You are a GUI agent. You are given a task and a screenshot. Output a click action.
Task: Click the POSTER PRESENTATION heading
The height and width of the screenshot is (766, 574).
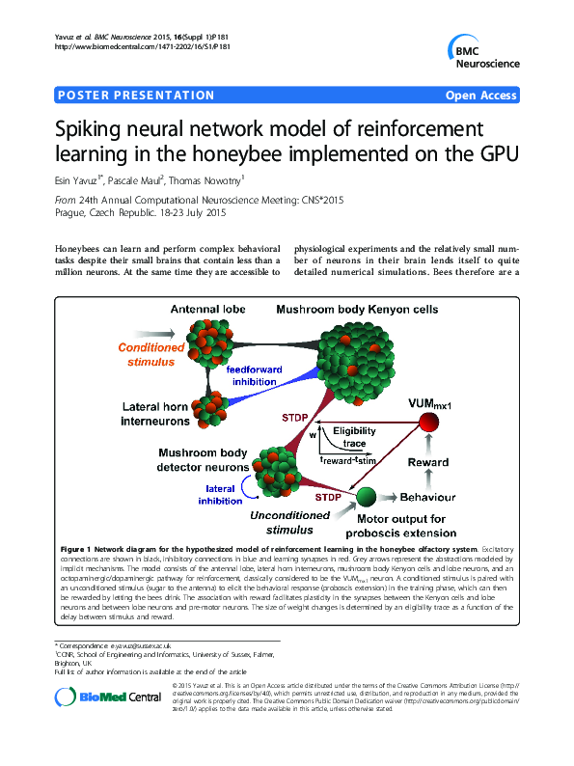coord(136,96)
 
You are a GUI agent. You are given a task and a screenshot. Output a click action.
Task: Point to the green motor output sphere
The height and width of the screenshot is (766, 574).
coord(366,497)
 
